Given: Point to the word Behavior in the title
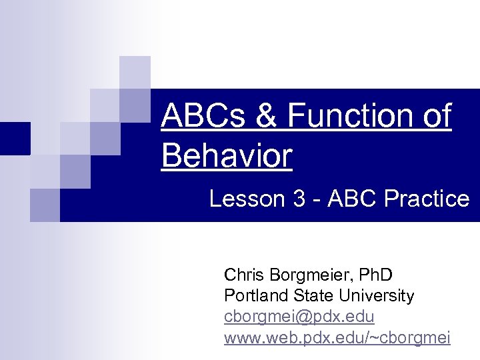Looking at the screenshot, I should [227, 155].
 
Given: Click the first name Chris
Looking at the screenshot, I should [243, 274].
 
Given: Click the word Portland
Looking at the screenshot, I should [253, 295].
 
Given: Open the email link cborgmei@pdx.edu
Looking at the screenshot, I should [299, 317].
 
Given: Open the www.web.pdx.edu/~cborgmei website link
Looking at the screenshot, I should [337, 338].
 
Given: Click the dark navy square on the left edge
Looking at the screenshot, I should [15, 138].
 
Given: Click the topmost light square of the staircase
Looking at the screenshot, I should [135, 71].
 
